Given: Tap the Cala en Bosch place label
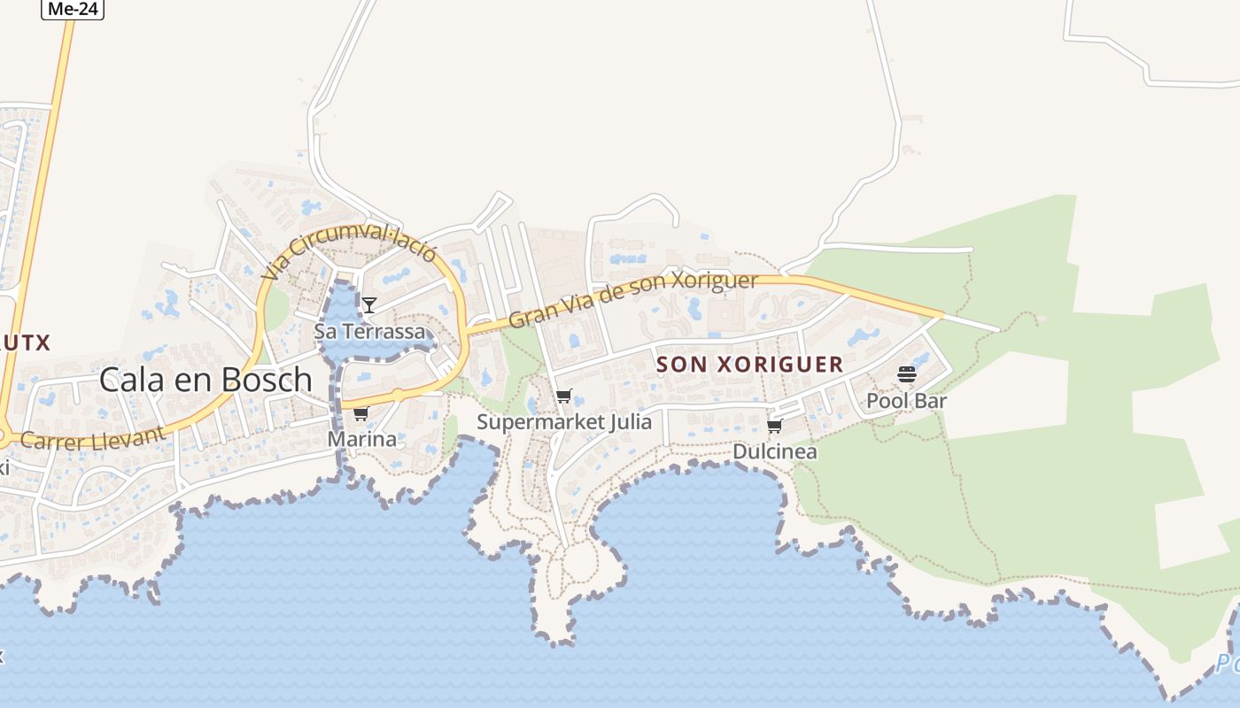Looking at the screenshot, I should (205, 380).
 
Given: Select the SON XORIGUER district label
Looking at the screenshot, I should (749, 365).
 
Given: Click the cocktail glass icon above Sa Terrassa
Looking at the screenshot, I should (369, 305).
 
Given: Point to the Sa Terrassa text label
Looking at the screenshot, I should (370, 332).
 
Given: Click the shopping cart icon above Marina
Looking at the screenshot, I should (360, 414).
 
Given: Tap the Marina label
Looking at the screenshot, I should (362, 439).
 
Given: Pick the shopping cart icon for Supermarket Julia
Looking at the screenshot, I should (563, 396).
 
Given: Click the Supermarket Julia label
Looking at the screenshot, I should (564, 422).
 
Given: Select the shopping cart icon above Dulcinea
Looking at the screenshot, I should (774, 427).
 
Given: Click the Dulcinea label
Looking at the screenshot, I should (775, 451).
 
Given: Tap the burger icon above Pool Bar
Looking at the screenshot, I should (906, 374).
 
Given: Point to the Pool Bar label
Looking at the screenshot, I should (906, 401).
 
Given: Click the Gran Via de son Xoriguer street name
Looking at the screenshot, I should (633, 299).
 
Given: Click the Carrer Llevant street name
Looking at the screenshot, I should (92, 438).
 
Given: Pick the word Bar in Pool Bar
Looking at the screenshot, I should (931, 401).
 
